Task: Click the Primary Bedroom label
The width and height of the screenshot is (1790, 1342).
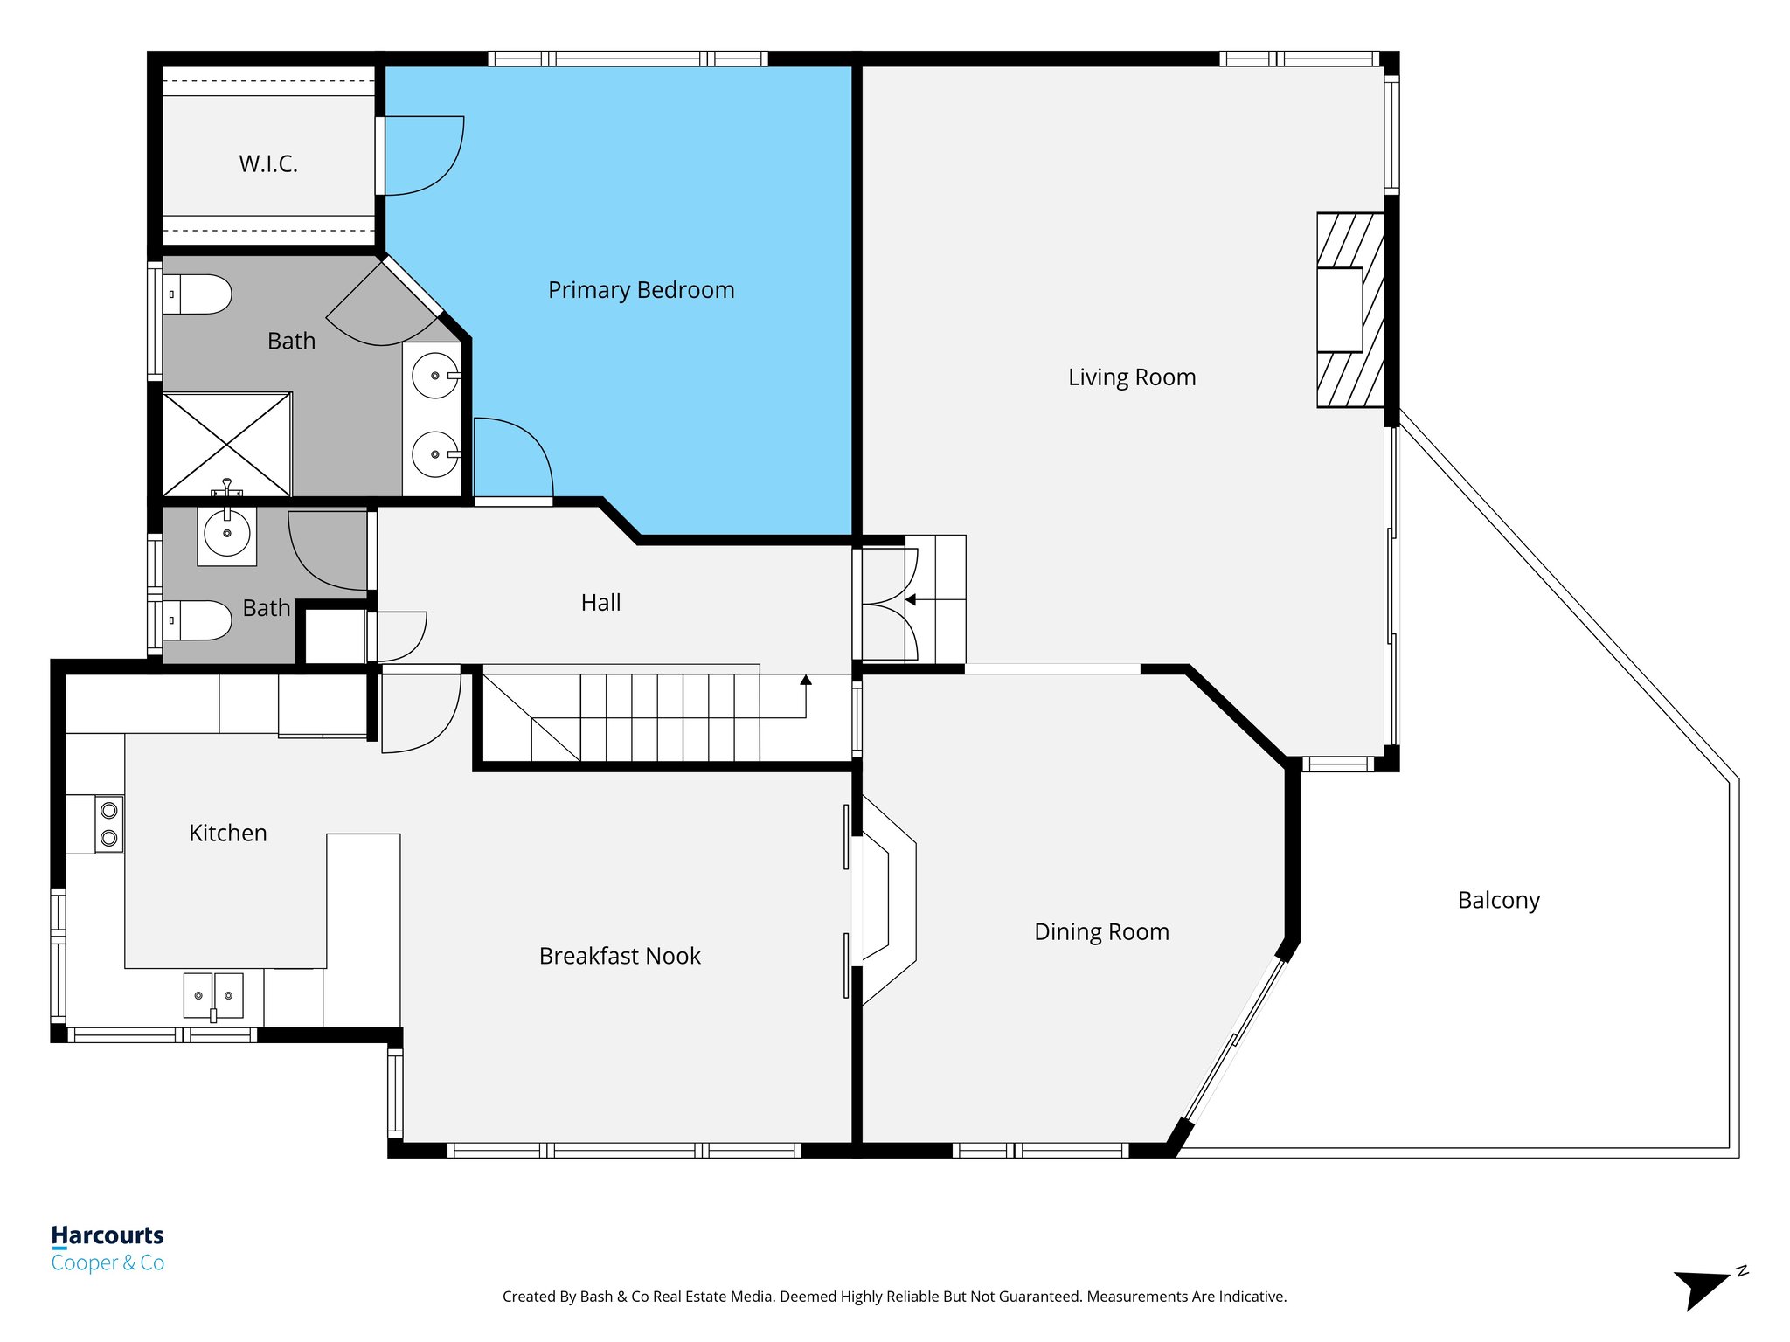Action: (641, 290)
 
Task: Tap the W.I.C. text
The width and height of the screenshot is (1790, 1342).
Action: (268, 163)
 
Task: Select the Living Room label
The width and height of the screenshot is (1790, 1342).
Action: (1131, 377)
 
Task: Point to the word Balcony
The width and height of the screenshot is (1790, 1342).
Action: (1498, 900)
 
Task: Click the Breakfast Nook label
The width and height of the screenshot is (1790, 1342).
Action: (620, 956)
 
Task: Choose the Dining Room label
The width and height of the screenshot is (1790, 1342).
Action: (1101, 931)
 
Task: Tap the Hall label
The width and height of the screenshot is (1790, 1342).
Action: (600, 603)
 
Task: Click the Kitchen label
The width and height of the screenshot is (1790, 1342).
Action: (227, 833)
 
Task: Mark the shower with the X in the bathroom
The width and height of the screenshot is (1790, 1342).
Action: (227, 445)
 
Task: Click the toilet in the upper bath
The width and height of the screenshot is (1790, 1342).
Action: (198, 294)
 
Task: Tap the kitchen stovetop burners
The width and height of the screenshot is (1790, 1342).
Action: (109, 824)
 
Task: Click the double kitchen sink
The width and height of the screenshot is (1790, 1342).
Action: (213, 996)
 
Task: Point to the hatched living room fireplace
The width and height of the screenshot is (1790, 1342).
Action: (1349, 310)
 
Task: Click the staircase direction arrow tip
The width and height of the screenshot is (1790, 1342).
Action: (806, 679)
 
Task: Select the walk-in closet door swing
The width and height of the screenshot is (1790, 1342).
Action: (421, 156)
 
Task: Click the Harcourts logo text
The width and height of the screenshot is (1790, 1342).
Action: (108, 1235)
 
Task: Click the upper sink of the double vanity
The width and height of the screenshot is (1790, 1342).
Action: (435, 376)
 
